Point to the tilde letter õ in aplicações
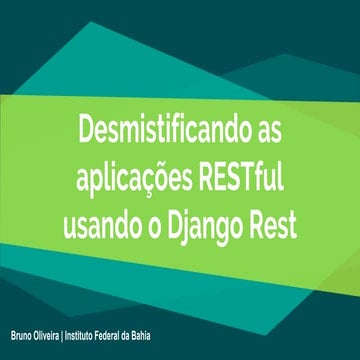click(169, 176)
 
